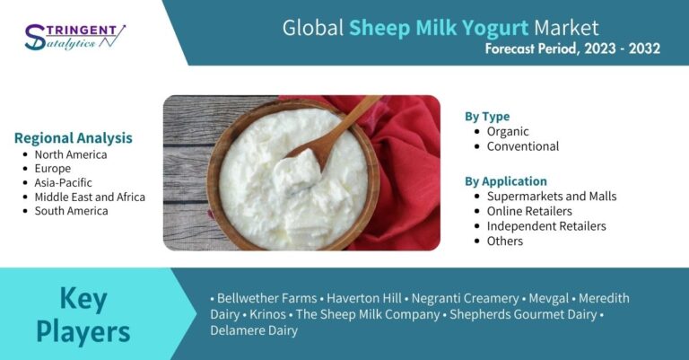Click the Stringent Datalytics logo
pos(75,37)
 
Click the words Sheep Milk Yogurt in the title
pos(439,28)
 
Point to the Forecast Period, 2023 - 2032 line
pos(572,48)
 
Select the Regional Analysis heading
pos(73,138)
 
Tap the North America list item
pos(71,154)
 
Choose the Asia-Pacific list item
pos(64,183)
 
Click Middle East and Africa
pos(90,197)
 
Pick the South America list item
pos(71,211)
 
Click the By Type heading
pos(487,117)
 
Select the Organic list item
pos(508,131)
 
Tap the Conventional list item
pos(522,146)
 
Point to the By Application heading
pos(506,181)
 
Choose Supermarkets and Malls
pos(552,197)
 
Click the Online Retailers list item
pos(529,212)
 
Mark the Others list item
pos(504,241)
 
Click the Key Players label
pos(83,314)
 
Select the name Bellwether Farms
pos(266,298)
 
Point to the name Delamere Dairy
pos(254,330)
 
